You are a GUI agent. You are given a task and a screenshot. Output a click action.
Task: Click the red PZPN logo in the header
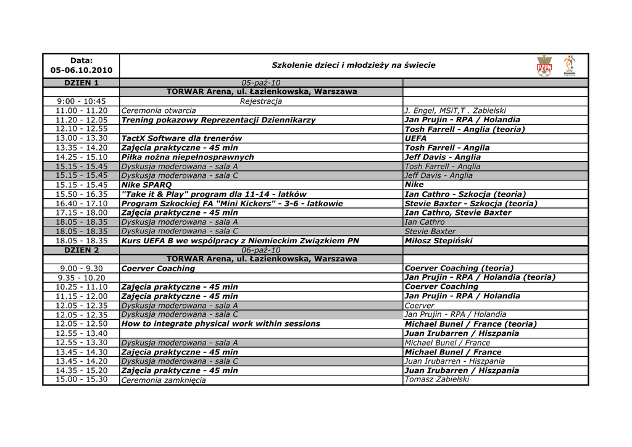(x=544, y=66)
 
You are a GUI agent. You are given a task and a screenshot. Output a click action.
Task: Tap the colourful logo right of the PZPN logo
(x=570, y=65)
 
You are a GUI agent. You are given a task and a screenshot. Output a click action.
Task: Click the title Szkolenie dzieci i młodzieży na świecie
(x=354, y=65)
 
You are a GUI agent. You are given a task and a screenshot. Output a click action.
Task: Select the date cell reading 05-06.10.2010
(x=81, y=70)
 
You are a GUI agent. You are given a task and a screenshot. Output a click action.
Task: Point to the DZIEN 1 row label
(x=81, y=83)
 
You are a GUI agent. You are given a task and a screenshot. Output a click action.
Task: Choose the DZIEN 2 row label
(x=81, y=250)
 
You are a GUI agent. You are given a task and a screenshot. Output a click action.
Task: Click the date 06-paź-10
(x=260, y=250)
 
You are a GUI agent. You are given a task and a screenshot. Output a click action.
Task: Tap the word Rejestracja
(x=260, y=101)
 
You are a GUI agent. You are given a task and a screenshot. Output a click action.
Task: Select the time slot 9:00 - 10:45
(x=81, y=101)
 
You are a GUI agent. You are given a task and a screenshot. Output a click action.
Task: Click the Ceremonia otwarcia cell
(x=159, y=111)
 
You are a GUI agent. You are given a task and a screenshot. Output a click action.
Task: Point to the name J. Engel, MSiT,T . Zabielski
(x=455, y=111)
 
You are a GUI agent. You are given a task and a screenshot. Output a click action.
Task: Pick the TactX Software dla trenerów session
(x=181, y=138)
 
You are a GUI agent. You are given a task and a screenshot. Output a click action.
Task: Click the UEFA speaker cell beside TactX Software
(x=415, y=138)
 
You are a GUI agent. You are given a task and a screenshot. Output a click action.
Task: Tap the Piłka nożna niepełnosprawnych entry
(x=188, y=157)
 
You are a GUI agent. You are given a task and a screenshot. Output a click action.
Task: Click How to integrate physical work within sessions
(x=221, y=324)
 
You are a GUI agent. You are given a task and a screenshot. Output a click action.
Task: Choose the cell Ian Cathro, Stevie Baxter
(x=458, y=212)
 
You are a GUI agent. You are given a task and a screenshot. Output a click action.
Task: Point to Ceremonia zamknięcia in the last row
(x=164, y=380)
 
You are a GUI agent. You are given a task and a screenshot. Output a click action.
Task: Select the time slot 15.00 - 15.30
(x=81, y=379)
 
